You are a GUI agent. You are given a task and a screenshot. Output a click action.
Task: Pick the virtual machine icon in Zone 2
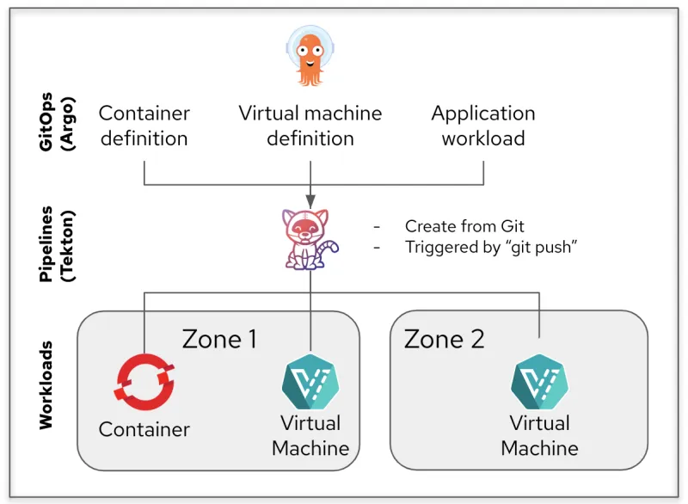click(x=539, y=384)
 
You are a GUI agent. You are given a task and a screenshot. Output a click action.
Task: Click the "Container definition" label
click(x=144, y=126)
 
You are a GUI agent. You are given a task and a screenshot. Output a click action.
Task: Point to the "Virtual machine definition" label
click(x=310, y=126)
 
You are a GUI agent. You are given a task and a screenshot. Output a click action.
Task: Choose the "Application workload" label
click(x=483, y=126)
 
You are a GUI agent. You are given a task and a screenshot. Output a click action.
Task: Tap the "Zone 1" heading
click(x=219, y=339)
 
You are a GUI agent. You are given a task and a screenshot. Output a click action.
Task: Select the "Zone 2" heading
click(x=445, y=339)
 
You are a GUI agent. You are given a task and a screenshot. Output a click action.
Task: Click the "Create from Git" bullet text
click(x=464, y=227)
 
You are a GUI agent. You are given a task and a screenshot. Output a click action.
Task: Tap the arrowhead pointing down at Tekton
click(x=310, y=199)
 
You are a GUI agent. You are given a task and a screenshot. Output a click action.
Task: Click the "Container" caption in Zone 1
click(x=144, y=429)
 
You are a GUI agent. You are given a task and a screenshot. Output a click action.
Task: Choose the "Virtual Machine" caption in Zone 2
click(x=539, y=435)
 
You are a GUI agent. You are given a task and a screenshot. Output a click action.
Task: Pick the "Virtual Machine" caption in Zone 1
click(x=310, y=435)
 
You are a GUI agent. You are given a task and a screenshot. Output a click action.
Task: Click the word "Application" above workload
click(x=483, y=114)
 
